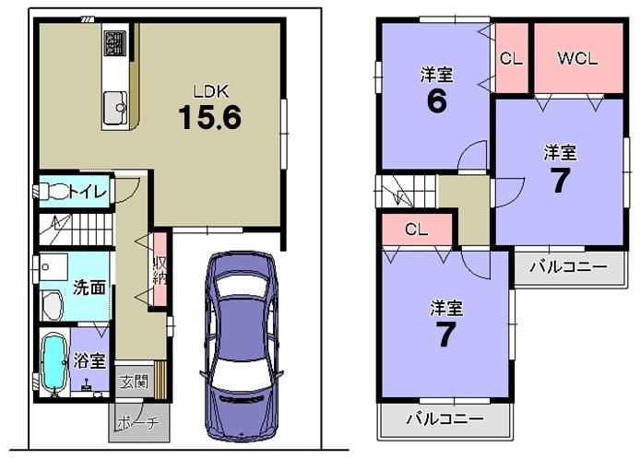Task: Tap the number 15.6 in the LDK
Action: pos(209,118)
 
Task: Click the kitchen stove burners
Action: pos(115,42)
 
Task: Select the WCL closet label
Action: pos(578,57)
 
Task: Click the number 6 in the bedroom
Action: pos(436,100)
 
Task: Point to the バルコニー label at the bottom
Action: pos(444,419)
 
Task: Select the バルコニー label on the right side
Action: pos(568,267)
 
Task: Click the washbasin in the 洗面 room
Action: pos(50,304)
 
